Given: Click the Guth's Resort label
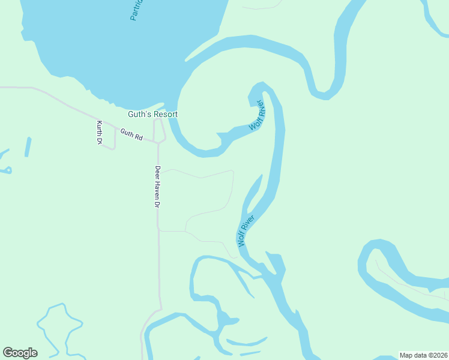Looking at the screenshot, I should [152, 114].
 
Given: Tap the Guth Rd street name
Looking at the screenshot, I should [131, 134].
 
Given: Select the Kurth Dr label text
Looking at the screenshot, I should [100, 132].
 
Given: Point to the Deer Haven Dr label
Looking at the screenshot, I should [157, 187].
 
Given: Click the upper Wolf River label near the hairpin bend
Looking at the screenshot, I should [257, 115].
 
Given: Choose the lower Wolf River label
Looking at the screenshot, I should [246, 230].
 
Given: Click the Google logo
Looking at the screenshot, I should [20, 352].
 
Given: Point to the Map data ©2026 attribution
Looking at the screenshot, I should [423, 355].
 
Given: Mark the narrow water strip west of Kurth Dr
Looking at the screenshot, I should [28, 147].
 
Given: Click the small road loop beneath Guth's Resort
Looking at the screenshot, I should [160, 131].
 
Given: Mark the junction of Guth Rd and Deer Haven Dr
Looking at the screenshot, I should [158, 143].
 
